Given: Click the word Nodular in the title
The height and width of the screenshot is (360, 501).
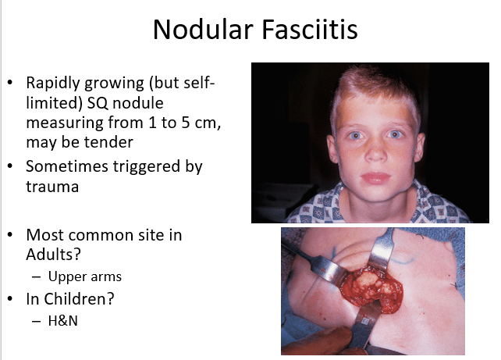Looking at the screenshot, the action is pos(203,30).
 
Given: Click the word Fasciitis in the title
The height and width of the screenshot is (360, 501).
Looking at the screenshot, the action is pos(310,30).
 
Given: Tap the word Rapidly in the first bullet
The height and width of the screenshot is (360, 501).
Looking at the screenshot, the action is pos(53,83).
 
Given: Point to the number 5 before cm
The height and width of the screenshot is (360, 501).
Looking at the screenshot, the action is pos(186,123).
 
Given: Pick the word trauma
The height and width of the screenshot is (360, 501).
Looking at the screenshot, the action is pos(52,187).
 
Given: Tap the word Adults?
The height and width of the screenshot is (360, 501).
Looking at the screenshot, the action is pos(53,255).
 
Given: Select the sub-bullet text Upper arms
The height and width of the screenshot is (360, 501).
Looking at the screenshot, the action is pos(85,277).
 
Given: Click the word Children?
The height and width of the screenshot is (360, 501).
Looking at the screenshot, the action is pos(79,299).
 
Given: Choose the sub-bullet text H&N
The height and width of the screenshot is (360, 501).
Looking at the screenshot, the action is pos(63,321).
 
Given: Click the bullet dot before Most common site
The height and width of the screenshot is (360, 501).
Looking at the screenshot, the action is pos(10,235).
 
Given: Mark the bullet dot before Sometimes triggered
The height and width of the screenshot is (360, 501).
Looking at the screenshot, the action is pos(10,166).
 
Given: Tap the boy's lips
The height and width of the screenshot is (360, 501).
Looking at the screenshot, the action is pos(376,178).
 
